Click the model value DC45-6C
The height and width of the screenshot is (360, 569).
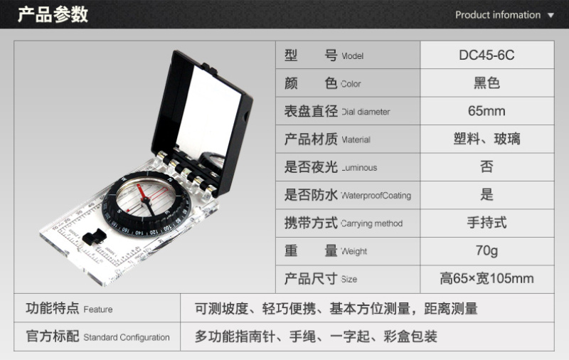pyautogui.click(x=486, y=55)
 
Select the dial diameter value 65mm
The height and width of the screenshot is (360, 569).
pyautogui.click(x=486, y=111)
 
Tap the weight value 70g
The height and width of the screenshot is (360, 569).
pyautogui.click(x=486, y=250)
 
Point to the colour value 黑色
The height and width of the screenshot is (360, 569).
pyautogui.click(x=486, y=83)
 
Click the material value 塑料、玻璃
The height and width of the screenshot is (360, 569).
pyautogui.click(x=486, y=139)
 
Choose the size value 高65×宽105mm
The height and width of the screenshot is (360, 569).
pyautogui.click(x=486, y=278)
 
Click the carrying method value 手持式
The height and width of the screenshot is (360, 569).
pyautogui.click(x=486, y=223)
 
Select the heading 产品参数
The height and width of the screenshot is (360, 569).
pyautogui.click(x=53, y=14)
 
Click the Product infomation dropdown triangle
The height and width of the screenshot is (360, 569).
pyautogui.click(x=551, y=15)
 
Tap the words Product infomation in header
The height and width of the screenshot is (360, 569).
pyautogui.click(x=498, y=15)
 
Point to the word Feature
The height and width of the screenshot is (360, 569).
pyautogui.click(x=98, y=309)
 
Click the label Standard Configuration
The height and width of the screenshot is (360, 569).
pyautogui.click(x=127, y=337)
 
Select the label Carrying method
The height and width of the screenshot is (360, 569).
pyautogui.click(x=371, y=223)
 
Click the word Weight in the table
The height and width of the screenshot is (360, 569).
pyautogui.click(x=353, y=251)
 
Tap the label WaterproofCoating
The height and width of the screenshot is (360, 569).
pyautogui.click(x=376, y=196)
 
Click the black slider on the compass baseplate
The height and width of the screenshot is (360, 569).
pyautogui.click(x=94, y=236)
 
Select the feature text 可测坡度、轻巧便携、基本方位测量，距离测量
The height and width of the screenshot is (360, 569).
pyautogui.click(x=336, y=309)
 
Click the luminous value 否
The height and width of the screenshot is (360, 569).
pyautogui.click(x=486, y=167)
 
